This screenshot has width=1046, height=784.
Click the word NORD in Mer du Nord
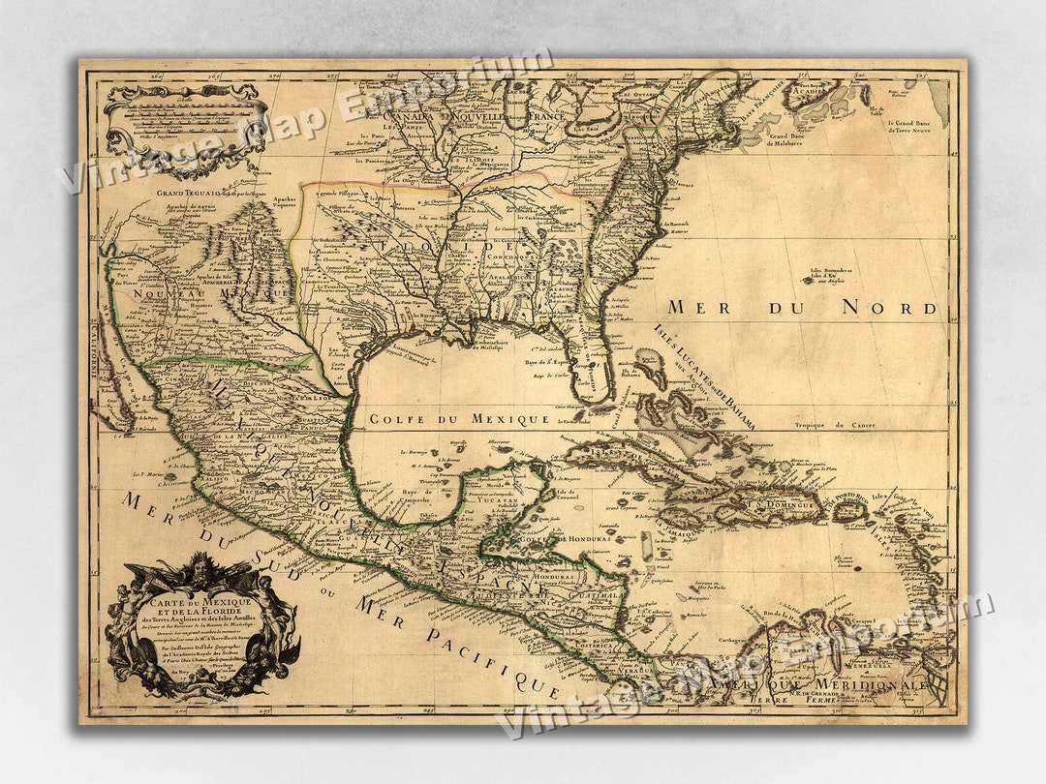pos(889,308)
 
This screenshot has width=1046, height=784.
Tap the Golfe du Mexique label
pos(458,419)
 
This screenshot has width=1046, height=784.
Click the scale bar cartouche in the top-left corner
pos(184,126)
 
